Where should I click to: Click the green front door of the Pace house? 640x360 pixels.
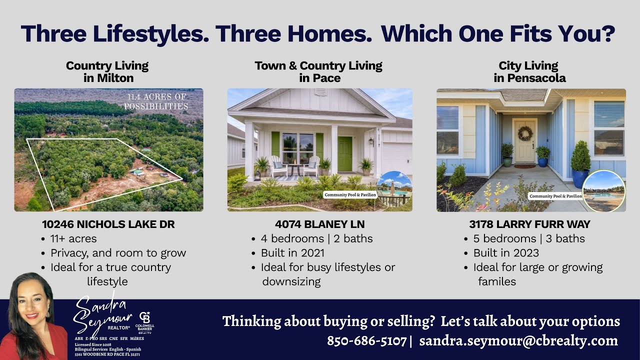(x=344, y=153)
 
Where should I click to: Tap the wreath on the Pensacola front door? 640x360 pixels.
(x=525, y=133)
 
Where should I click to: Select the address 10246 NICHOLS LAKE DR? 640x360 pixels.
(x=108, y=224)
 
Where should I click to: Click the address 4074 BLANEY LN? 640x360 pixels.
(x=319, y=224)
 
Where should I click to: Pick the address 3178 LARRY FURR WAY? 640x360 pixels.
(x=529, y=224)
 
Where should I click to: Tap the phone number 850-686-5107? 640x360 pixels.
(x=366, y=341)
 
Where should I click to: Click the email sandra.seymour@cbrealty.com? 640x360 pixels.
(x=518, y=341)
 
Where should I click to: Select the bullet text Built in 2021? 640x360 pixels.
(x=292, y=253)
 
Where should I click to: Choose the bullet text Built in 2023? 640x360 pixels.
(x=506, y=253)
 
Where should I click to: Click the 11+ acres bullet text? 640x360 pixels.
(x=73, y=238)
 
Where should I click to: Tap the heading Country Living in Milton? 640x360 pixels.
(x=107, y=71)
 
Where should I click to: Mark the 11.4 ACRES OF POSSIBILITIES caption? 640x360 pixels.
(x=156, y=101)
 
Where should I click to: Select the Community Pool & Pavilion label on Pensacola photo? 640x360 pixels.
(x=555, y=196)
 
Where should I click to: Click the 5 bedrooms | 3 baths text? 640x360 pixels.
(x=529, y=238)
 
